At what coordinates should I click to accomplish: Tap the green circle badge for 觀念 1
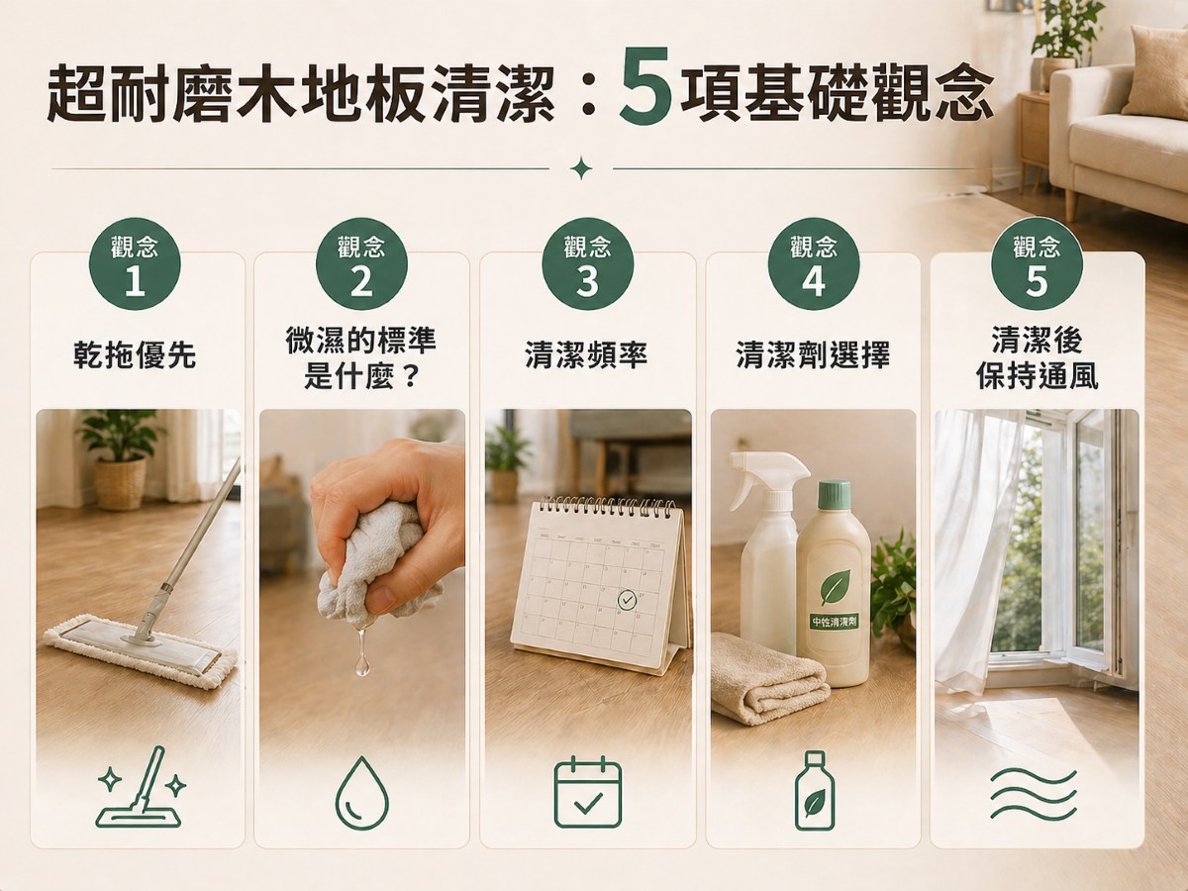pos(135,264)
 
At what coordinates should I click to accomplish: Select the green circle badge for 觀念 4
pos(814,264)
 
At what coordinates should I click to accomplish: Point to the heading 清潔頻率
pos(586,355)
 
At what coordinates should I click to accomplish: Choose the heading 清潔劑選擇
pos(813,355)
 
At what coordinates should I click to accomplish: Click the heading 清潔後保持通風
pos(1037,359)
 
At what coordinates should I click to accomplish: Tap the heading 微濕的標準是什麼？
pos(360,359)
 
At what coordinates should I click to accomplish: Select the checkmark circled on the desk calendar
pos(628,600)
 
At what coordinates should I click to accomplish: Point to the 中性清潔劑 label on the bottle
pos(835,623)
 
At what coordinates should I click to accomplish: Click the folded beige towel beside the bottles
pos(768,678)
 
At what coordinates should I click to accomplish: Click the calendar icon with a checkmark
pos(587,792)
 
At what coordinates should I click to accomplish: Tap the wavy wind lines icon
pos(1033,793)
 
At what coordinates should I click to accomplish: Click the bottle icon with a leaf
pos(814,791)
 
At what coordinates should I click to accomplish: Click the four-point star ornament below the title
pos(581,169)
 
